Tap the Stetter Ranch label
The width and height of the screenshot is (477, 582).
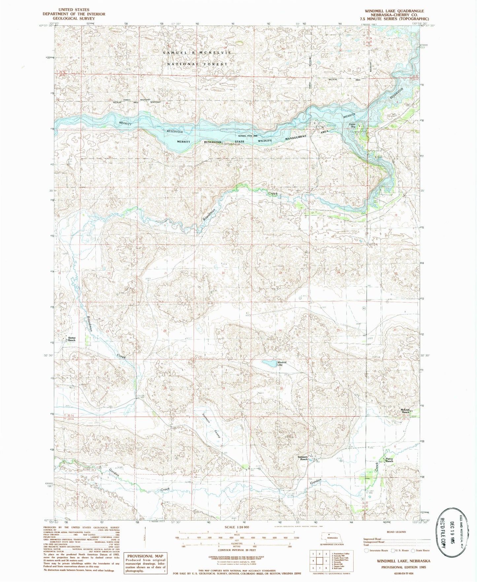(71, 339)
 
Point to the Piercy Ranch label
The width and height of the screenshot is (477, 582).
(389, 460)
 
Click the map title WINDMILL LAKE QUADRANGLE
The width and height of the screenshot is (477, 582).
(394, 11)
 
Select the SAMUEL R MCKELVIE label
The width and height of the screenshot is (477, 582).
(197, 53)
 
